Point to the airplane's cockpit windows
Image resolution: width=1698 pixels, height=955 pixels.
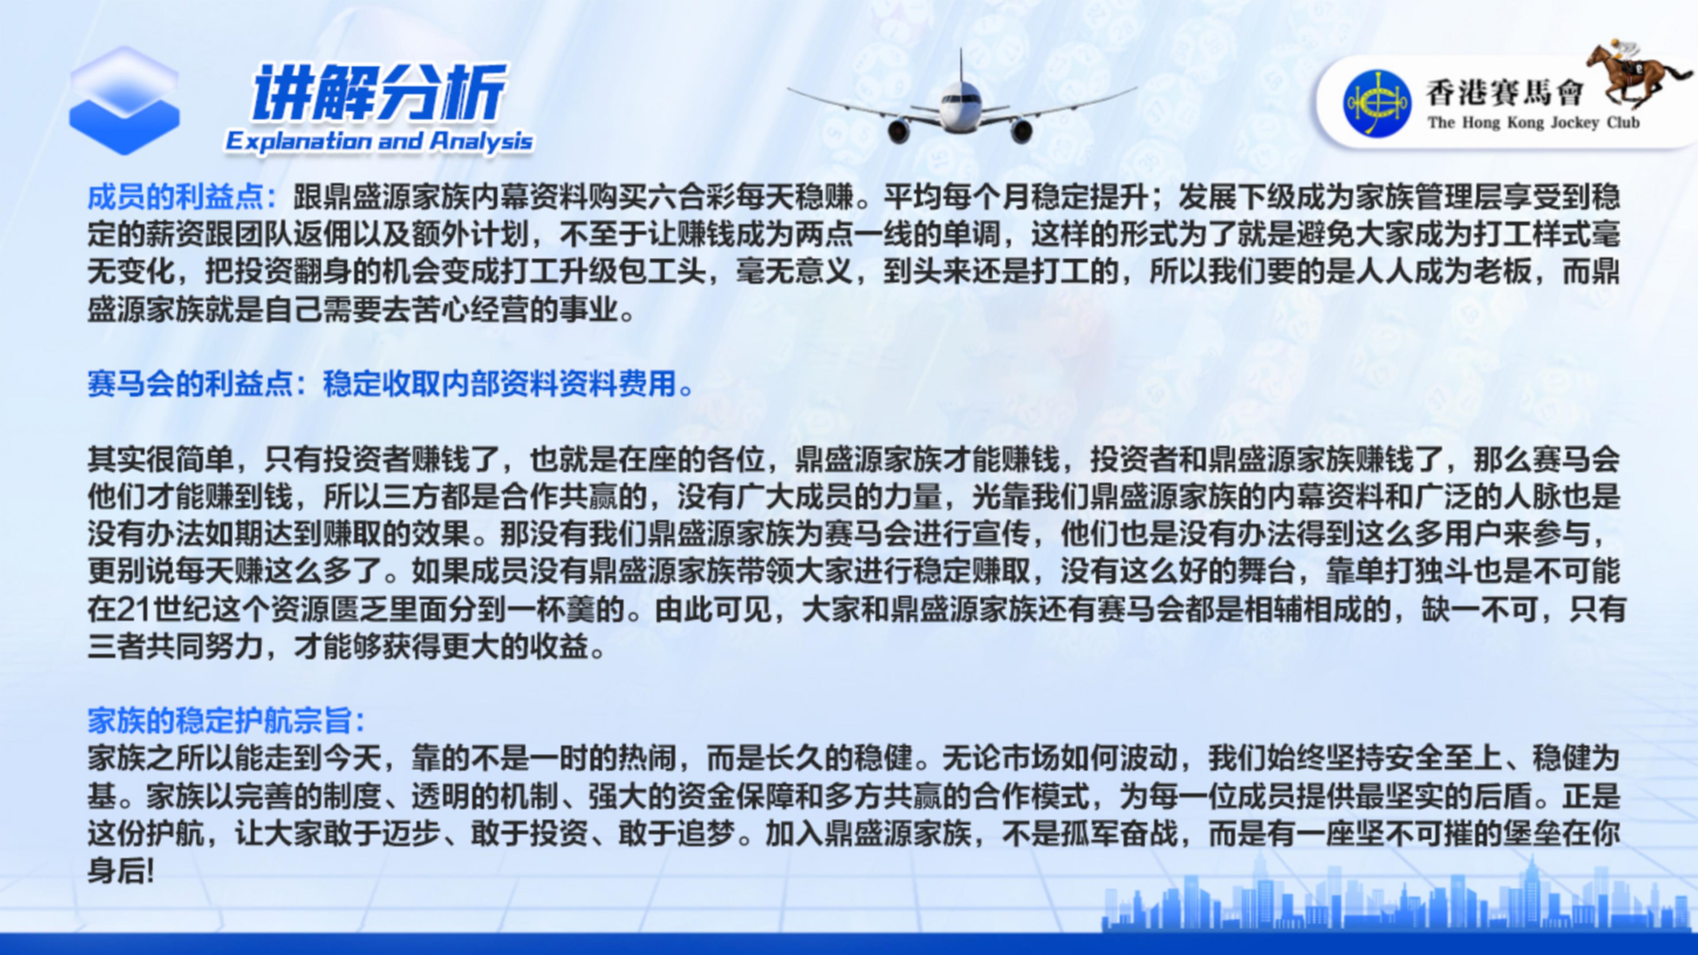coord(960,99)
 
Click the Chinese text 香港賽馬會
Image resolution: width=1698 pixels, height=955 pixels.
coord(1503,92)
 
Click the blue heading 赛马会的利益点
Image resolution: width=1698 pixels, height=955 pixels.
coord(189,384)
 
